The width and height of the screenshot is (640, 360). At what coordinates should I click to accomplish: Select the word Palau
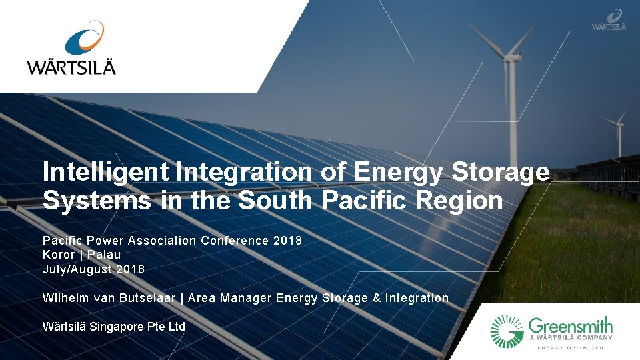[x=104, y=255]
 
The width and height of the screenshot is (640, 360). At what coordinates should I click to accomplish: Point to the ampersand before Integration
[x=377, y=298]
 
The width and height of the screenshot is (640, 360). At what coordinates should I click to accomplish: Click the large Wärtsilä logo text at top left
[x=71, y=67]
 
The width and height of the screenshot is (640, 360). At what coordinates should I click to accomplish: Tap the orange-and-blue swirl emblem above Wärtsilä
[x=85, y=38]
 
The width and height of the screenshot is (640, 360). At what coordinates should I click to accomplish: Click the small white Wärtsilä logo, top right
[x=609, y=20]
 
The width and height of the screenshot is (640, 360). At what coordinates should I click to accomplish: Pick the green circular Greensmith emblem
[x=507, y=331]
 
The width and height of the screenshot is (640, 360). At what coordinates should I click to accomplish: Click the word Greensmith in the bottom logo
[x=570, y=327]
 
